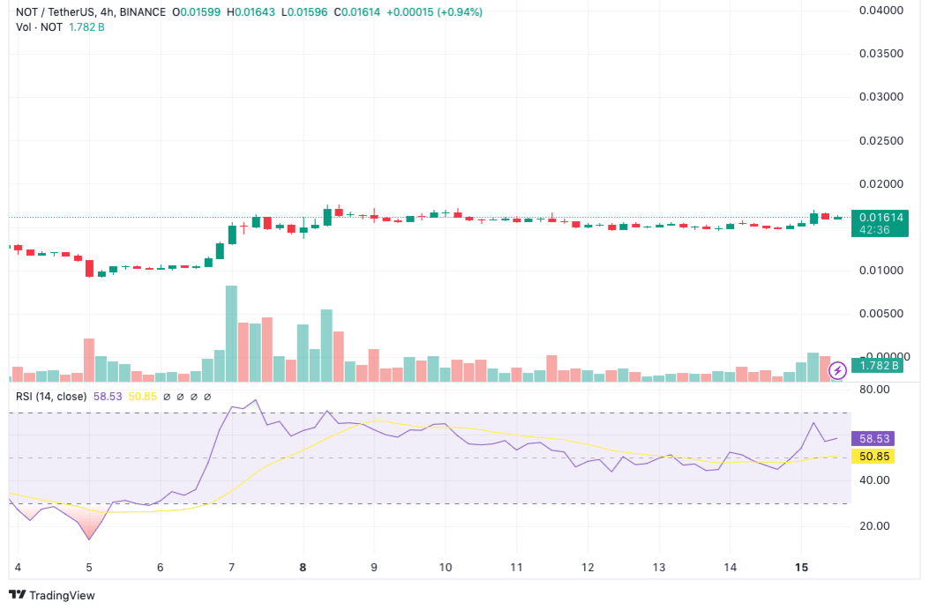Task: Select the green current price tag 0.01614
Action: (x=876, y=217)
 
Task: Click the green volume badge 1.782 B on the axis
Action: (x=874, y=366)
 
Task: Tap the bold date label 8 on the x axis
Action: (x=303, y=568)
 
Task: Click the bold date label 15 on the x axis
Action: (x=801, y=568)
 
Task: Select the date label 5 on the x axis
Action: (x=88, y=568)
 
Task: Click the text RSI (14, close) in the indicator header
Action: (x=51, y=397)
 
